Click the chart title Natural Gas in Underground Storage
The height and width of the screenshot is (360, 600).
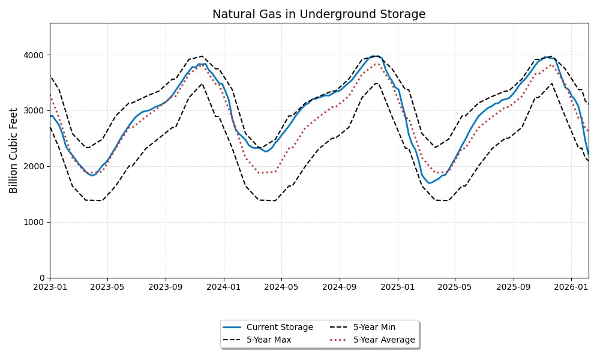pyautogui.click(x=319, y=14)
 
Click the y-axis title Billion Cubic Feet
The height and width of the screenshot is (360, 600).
pyautogui.click(x=14, y=151)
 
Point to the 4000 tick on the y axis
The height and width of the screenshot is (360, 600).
pyautogui.click(x=34, y=55)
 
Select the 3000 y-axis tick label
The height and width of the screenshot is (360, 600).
pyautogui.click(x=34, y=111)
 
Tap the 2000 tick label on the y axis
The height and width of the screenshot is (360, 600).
pyautogui.click(x=34, y=167)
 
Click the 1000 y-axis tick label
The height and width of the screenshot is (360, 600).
pyautogui.click(x=34, y=223)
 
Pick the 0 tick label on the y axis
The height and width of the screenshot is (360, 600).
pyautogui.click(x=41, y=278)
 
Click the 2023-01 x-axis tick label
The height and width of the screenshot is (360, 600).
pyautogui.click(x=50, y=287)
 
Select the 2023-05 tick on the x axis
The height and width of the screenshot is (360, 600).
pyautogui.click(x=107, y=287)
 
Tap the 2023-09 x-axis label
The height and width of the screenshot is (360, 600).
pyautogui.click(x=166, y=287)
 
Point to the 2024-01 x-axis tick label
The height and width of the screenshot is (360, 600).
pyautogui.click(x=224, y=287)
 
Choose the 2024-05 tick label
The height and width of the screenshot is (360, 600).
pyautogui.click(x=281, y=287)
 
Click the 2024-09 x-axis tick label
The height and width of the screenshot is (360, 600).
pyautogui.click(x=340, y=287)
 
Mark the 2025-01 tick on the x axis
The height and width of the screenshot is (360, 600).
pyautogui.click(x=398, y=287)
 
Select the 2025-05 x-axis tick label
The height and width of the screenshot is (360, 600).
pyautogui.click(x=455, y=287)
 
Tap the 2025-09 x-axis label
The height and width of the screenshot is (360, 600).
pyautogui.click(x=513, y=287)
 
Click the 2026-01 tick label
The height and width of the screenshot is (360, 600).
pyautogui.click(x=571, y=287)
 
